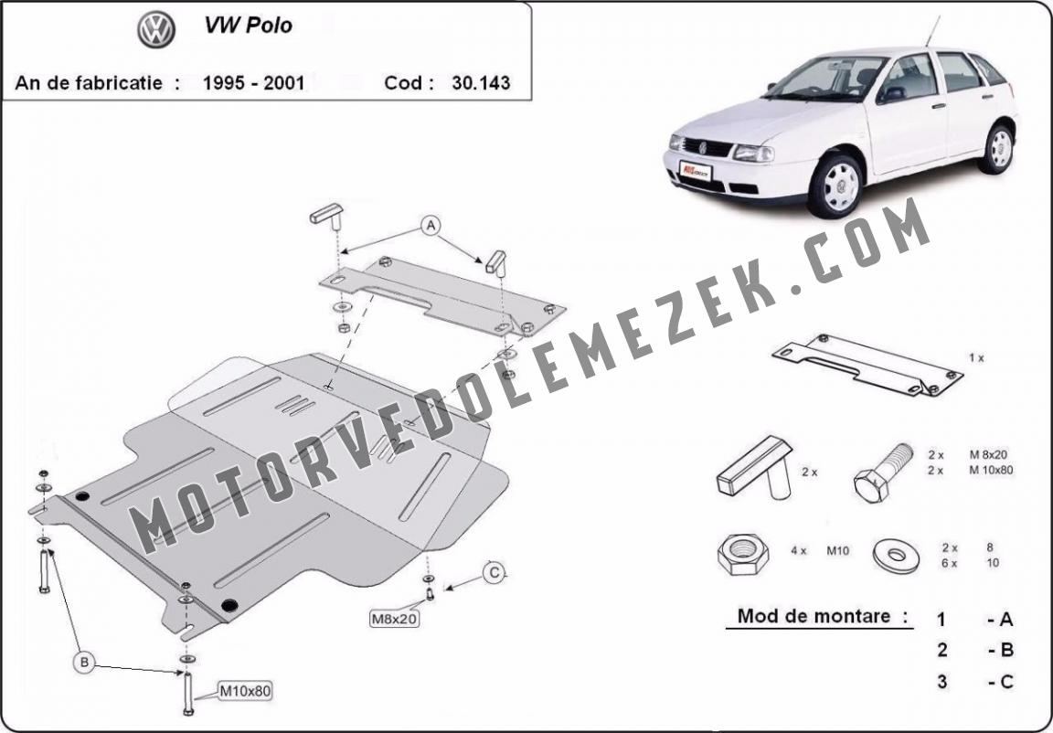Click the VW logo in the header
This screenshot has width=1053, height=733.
coord(156,29)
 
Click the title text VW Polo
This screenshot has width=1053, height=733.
coord(249,26)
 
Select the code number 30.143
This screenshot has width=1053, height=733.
coord(481,82)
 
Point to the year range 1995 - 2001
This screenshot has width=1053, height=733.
coord(254,82)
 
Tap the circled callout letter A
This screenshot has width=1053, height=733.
coord(431,226)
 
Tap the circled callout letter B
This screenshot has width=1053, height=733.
coord(85,664)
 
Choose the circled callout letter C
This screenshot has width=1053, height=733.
coord(495,572)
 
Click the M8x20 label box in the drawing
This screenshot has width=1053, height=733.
coord(395,618)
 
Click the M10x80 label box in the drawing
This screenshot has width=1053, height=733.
coord(245,690)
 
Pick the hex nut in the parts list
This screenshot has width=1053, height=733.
coord(743,554)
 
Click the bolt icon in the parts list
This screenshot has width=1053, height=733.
coord(882,473)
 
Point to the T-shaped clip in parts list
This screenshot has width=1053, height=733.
coord(755,468)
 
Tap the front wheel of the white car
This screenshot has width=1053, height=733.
coord(836,186)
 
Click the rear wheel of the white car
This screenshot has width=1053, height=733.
coord(998,148)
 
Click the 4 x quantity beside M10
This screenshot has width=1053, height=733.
coord(799,551)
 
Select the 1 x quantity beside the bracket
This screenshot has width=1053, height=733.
coord(976,358)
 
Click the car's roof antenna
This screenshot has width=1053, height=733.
coord(932,31)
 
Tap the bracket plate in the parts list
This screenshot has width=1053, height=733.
coord(867,365)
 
